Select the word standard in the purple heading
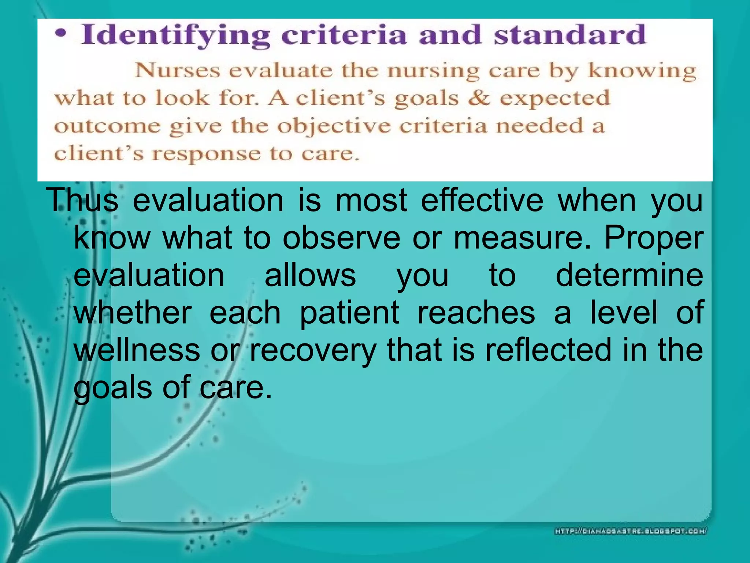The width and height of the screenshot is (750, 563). [x=569, y=34]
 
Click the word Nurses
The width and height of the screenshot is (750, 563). [x=178, y=70]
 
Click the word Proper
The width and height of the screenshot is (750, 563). [x=653, y=238]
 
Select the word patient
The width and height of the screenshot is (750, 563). [x=349, y=313]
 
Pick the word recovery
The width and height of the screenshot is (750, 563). [x=313, y=350]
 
